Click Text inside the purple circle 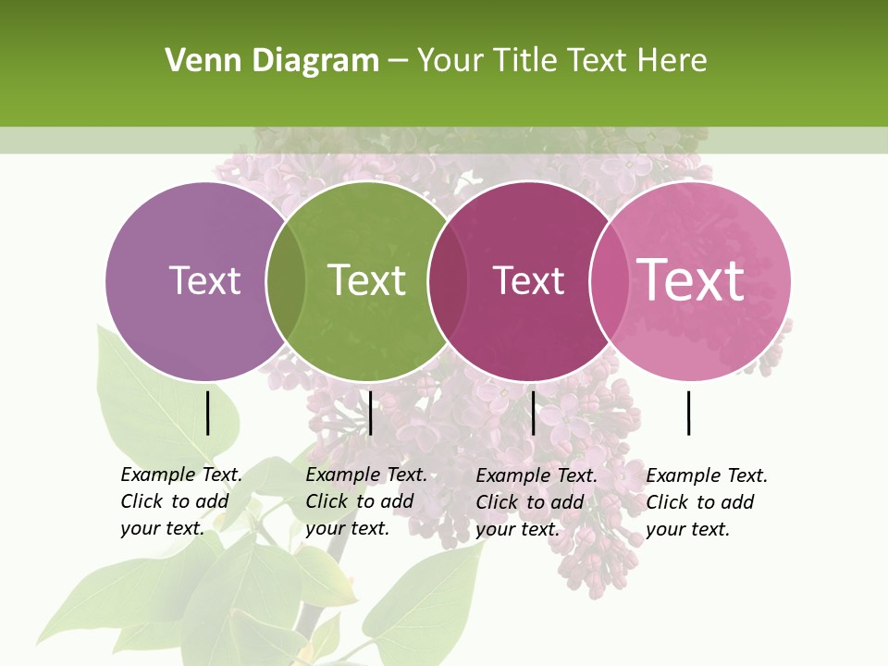coord(204,280)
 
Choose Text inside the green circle coord(366,280)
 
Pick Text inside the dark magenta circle coord(528,280)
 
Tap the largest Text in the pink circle coord(691,279)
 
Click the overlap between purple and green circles coord(286,280)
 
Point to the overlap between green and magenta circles coord(448,280)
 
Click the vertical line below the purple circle coord(208,413)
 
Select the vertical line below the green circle coord(370,413)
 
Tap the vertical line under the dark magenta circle coord(533,413)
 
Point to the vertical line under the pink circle coord(688,413)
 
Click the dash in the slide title coord(398,61)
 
